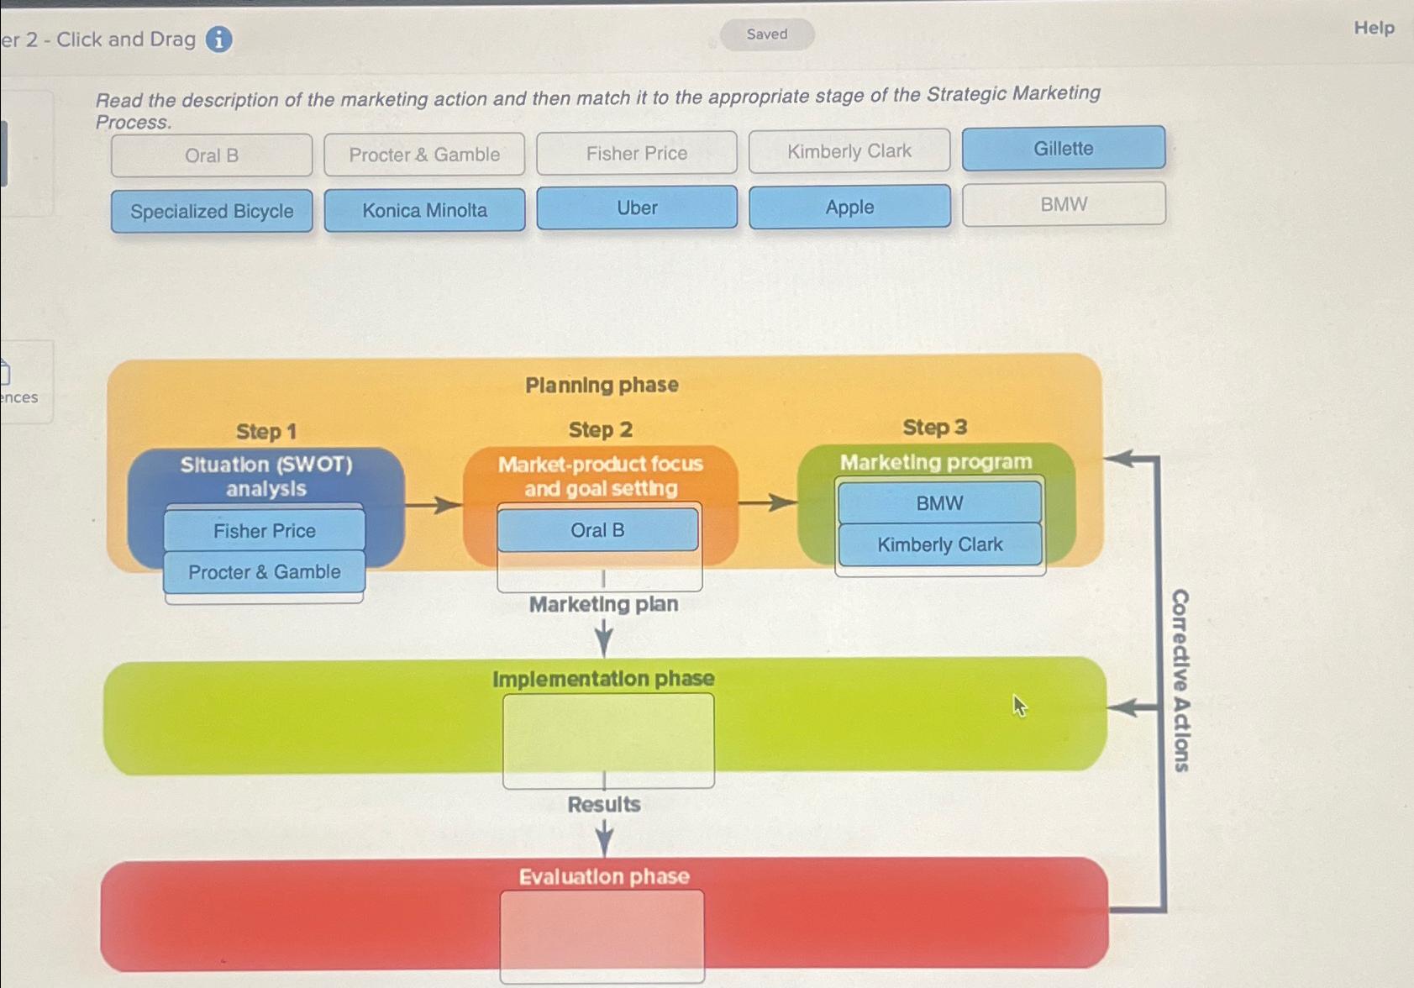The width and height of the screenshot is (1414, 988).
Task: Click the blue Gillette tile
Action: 1063,149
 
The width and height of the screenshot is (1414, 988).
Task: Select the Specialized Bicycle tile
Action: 212,211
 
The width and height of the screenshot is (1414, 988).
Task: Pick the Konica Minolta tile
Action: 424,210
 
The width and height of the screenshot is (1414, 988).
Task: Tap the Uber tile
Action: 637,208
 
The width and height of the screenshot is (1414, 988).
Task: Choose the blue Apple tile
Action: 849,207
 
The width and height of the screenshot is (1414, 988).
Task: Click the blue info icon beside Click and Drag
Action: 219,39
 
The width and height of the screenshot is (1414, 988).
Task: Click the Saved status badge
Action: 766,34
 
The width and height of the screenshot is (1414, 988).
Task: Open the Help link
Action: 1374,28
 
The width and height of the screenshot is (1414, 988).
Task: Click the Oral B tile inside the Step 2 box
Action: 597,530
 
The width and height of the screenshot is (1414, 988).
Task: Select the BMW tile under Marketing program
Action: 939,503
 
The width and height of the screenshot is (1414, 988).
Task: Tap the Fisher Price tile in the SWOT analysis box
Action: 264,531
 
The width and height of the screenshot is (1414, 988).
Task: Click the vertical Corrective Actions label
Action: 1180,680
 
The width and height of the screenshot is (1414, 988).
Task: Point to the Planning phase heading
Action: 602,385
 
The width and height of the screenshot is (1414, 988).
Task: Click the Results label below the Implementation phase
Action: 603,804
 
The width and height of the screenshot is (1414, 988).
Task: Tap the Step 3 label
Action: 934,428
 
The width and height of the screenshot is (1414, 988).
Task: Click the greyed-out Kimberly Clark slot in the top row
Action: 849,151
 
